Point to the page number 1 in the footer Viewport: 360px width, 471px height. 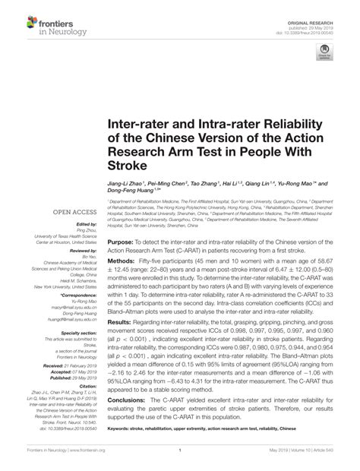click(x=179, y=449)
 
